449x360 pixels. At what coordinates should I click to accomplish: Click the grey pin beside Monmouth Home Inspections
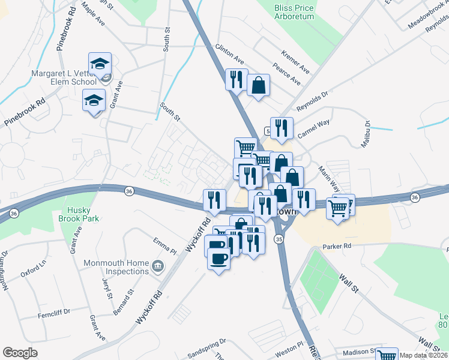click(x=158, y=265)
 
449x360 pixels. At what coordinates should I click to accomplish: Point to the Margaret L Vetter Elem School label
click(x=64, y=78)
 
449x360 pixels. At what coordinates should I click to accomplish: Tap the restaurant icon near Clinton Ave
click(x=237, y=79)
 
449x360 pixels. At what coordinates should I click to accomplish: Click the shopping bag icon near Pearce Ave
click(x=258, y=85)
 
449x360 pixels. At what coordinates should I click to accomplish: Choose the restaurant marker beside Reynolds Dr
click(x=281, y=128)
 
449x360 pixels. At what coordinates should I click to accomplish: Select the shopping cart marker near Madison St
click(x=387, y=355)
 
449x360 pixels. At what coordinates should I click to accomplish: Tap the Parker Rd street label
click(x=336, y=245)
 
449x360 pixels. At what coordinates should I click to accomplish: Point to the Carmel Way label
click(x=314, y=131)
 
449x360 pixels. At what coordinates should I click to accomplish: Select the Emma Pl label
click(x=163, y=245)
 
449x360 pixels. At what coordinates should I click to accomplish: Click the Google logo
click(x=20, y=353)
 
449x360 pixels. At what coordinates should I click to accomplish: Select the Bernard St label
click(x=127, y=302)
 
